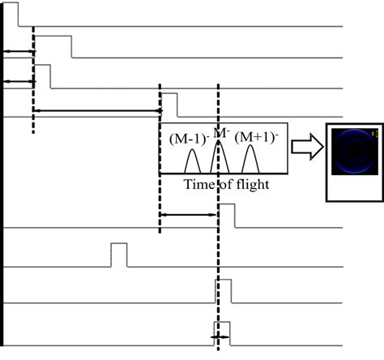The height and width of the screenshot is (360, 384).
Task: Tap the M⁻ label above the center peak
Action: tap(220, 131)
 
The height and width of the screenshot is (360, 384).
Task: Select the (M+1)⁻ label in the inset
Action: tap(256, 139)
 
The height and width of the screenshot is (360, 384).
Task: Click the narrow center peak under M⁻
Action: tap(216, 158)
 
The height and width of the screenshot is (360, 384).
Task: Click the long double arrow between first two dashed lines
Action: tap(96, 109)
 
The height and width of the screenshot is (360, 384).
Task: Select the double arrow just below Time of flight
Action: tap(189, 215)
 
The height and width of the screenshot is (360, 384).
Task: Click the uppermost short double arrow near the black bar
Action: tap(19, 52)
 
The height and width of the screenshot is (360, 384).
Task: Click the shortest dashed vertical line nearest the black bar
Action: tap(33, 81)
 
